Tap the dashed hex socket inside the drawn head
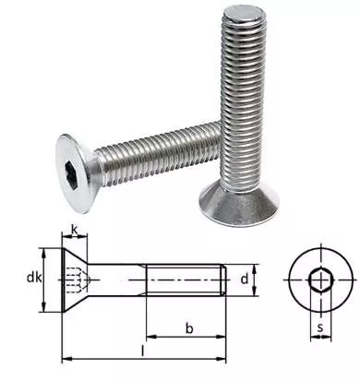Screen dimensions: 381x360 78,277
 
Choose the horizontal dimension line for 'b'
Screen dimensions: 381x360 185,338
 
